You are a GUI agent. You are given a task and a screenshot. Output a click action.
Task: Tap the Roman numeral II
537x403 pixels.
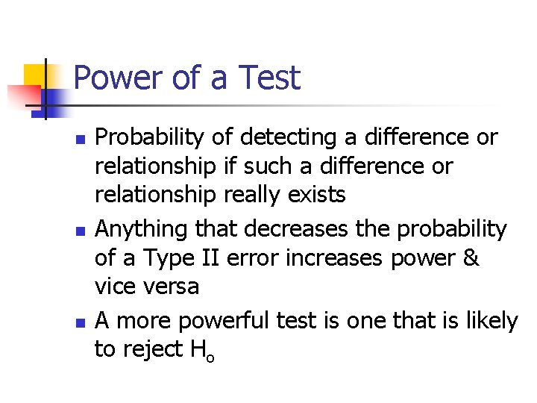point(211,258)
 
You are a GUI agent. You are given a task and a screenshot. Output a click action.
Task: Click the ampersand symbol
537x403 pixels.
point(470,258)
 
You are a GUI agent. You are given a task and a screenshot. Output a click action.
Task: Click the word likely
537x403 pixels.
point(489,322)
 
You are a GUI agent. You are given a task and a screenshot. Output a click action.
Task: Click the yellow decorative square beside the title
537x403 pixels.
point(36,75)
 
